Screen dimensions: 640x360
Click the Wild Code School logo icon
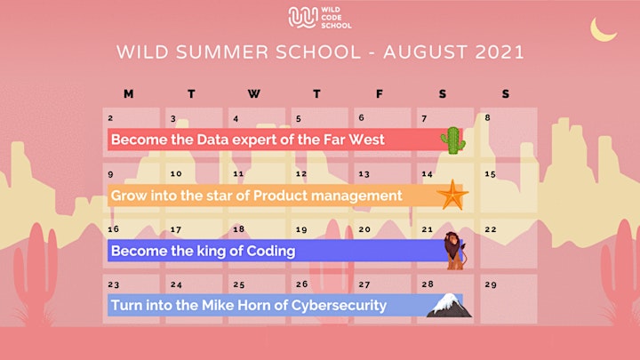tap(303, 18)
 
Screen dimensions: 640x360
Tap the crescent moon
tap(601, 31)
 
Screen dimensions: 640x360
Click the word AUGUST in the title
tap(425, 52)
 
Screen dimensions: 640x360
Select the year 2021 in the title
tap(500, 52)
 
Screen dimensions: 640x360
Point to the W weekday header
tap(254, 94)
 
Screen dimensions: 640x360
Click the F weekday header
tap(380, 94)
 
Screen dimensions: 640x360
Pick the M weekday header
tap(129, 94)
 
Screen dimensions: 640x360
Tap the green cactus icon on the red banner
tap(453, 140)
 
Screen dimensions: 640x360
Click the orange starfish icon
tap(452, 195)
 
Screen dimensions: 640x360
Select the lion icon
tap(454, 251)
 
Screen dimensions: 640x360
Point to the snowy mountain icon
tap(449, 305)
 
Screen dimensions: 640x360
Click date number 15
tap(490, 174)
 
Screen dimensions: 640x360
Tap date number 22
tap(491, 229)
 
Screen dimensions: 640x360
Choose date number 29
tap(491, 284)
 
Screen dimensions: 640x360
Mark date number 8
tap(487, 117)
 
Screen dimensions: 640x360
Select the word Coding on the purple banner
tap(270, 251)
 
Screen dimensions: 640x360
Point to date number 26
tap(301, 284)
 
